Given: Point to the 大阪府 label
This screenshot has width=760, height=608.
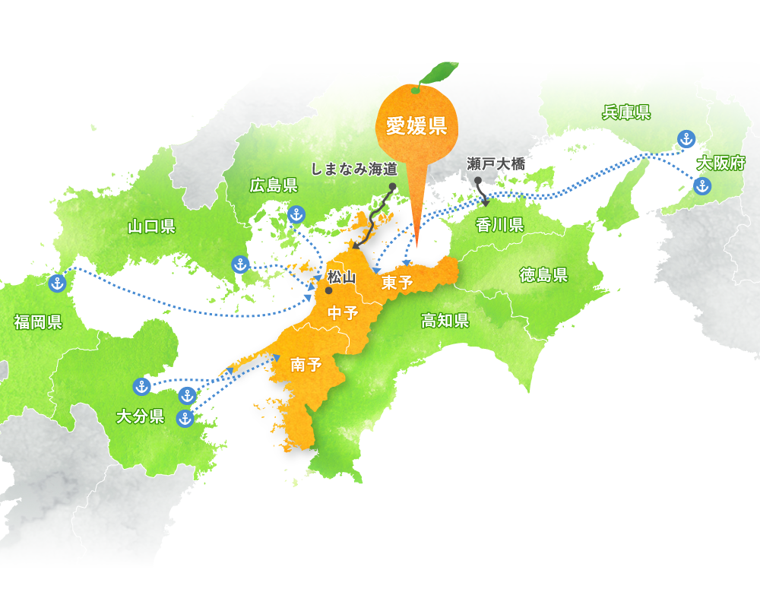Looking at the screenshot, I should pyautogui.click(x=721, y=163).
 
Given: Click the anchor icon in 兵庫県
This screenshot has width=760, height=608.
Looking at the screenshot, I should pyautogui.click(x=686, y=139).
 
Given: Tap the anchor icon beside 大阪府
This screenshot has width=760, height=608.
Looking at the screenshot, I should pyautogui.click(x=702, y=185).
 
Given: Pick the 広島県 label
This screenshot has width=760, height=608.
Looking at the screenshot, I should pyautogui.click(x=274, y=185).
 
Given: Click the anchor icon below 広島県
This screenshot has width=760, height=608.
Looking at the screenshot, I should pyautogui.click(x=297, y=214).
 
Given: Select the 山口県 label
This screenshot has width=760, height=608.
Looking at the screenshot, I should pyautogui.click(x=151, y=226).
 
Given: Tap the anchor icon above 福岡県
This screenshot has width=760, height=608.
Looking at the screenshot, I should pyautogui.click(x=56, y=284).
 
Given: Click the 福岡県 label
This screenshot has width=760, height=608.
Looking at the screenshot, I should pyautogui.click(x=38, y=321).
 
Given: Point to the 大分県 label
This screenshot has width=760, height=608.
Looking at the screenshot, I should pyautogui.click(x=140, y=416).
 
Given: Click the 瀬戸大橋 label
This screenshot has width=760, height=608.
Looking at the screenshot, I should pyautogui.click(x=496, y=163).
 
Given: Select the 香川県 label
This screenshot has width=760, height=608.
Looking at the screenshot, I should pyautogui.click(x=499, y=224).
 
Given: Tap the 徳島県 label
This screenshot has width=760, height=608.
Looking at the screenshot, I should pyautogui.click(x=543, y=275).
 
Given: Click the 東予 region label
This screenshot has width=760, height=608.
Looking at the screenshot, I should pyautogui.click(x=397, y=283).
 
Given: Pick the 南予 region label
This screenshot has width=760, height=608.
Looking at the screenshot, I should pyautogui.click(x=306, y=365).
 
